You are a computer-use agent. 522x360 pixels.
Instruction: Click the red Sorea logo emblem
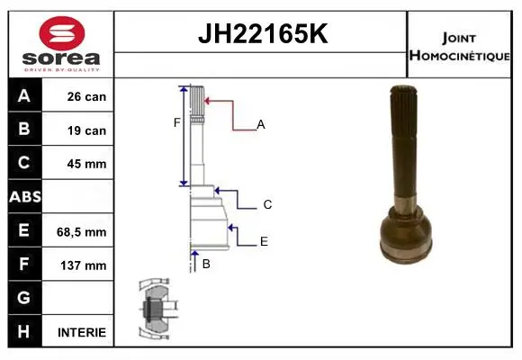tap(62, 33)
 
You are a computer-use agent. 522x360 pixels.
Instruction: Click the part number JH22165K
tap(263, 33)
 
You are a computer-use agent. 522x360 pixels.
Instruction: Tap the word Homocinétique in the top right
tap(460, 56)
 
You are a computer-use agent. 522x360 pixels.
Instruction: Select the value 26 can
tap(86, 96)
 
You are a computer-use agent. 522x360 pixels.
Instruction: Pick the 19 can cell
tap(86, 130)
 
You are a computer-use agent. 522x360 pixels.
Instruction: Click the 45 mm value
tap(86, 164)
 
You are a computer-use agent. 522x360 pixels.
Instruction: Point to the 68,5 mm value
tap(82, 232)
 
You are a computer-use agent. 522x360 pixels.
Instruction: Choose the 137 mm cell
tap(83, 265)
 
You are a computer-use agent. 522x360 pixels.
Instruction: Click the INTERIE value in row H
tap(82, 332)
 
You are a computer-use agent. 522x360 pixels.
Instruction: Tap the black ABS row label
tap(25, 196)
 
